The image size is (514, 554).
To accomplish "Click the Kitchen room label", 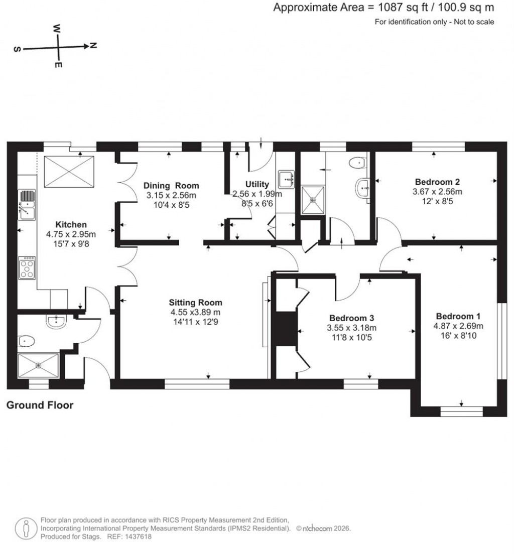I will [71, 224].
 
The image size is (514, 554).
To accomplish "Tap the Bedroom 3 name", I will [351, 318].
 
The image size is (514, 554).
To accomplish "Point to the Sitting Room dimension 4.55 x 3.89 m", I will [195, 312].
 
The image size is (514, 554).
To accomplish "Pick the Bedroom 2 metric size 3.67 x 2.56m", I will [437, 191].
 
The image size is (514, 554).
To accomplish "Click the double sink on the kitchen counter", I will [27, 205].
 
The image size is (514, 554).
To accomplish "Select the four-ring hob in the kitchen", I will [27, 267].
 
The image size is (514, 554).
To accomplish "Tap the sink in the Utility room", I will [287, 178].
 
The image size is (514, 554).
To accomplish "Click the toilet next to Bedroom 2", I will [359, 162].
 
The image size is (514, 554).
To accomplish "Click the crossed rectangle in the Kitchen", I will [69, 171].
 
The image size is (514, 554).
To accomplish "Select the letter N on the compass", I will [93, 46].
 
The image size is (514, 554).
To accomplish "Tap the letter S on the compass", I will [17, 50].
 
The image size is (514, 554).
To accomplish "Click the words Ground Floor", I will [40, 405].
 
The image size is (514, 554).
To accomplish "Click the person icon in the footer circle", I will [25, 528].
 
